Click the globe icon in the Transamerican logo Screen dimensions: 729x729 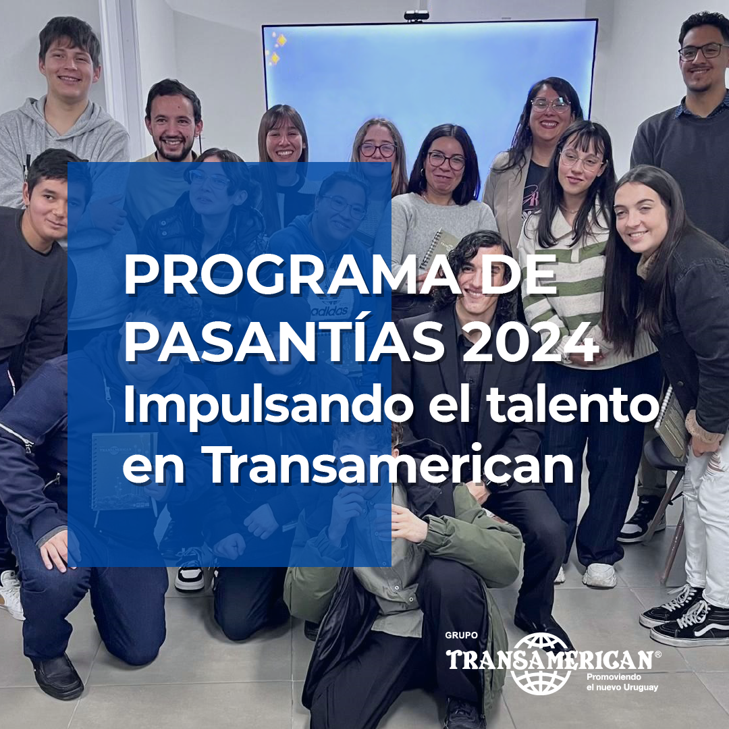pyautogui.click(x=541, y=664)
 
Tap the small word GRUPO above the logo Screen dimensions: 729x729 pyautogui.click(x=461, y=635)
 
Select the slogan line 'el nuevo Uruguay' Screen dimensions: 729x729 pyautogui.click(x=622, y=687)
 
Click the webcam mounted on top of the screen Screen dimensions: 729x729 pyautogui.click(x=416, y=16)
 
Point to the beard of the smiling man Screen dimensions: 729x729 pyautogui.click(x=174, y=148)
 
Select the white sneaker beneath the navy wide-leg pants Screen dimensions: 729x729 pyautogui.click(x=599, y=575)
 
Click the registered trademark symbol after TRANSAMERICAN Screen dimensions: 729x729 pyautogui.click(x=657, y=654)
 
